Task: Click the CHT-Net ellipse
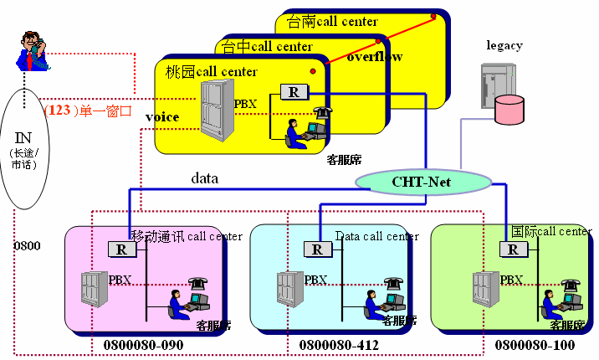[422, 180]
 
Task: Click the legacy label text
[504, 45]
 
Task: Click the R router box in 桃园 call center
[294, 92]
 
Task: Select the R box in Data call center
[317, 249]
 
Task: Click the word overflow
[375, 57]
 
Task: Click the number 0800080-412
[339, 344]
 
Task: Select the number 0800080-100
[535, 344]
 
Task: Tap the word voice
[161, 117]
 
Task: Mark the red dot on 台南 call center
[433, 16]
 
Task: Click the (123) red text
[60, 109]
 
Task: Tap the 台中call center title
[268, 46]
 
